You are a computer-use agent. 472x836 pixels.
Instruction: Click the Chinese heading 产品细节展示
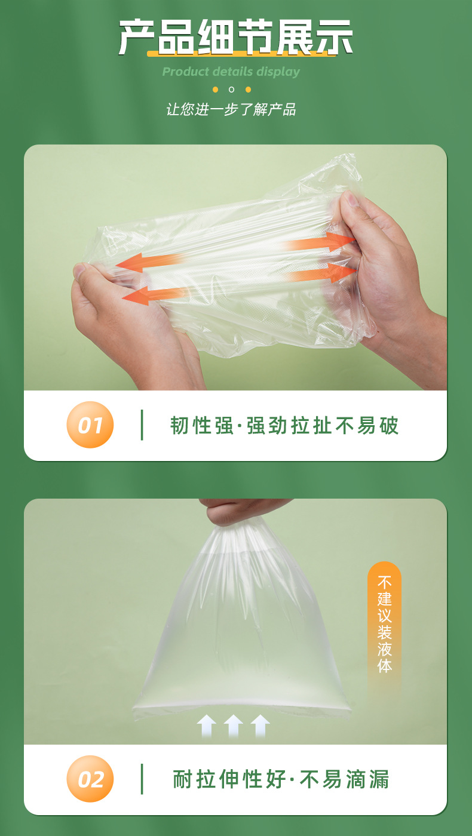click(x=235, y=37)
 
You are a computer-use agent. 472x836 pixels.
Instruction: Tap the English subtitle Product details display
click(x=231, y=72)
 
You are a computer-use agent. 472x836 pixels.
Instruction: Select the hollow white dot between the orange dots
click(x=232, y=90)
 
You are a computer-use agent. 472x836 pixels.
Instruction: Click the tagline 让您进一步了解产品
click(x=231, y=109)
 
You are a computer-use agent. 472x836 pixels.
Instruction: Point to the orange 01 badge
click(x=90, y=425)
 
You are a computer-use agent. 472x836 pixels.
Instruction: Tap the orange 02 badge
click(x=90, y=779)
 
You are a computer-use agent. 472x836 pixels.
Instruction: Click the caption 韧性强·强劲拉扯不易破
click(x=284, y=426)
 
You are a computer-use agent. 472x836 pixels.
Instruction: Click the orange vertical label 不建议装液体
click(x=384, y=624)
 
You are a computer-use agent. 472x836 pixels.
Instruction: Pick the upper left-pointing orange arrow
click(x=149, y=262)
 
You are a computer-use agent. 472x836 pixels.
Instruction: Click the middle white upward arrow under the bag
click(x=233, y=726)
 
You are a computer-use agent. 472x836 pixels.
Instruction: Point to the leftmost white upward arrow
click(x=206, y=726)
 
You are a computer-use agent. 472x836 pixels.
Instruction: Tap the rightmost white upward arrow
click(x=260, y=726)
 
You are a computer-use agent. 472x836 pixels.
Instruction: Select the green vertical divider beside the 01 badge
click(x=142, y=425)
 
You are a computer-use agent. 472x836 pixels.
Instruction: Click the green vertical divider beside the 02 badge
click(x=142, y=779)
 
